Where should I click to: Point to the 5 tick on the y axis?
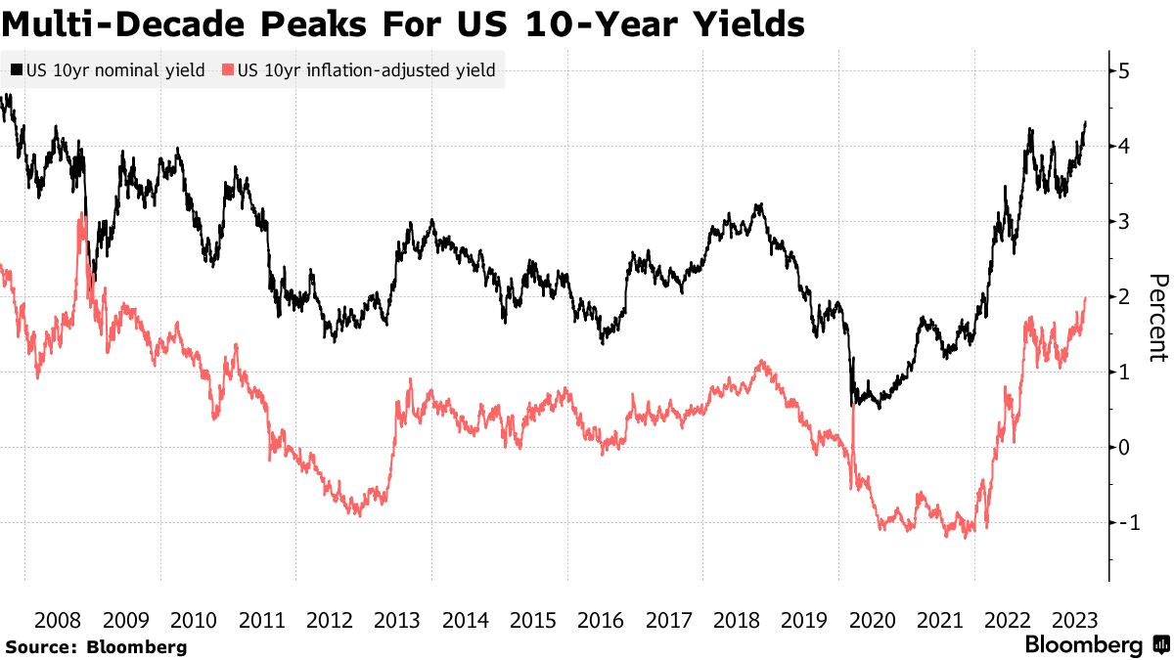click(1125, 70)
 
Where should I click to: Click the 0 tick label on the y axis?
click(1125, 447)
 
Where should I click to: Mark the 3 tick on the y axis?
click(1125, 221)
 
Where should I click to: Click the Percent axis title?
click(1157, 317)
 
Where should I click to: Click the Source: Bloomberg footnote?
click(95, 647)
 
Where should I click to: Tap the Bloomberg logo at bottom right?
click(1096, 645)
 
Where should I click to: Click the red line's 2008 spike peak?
click(80, 215)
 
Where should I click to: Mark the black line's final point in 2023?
click(1086, 122)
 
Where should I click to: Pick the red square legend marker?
click(228, 70)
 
